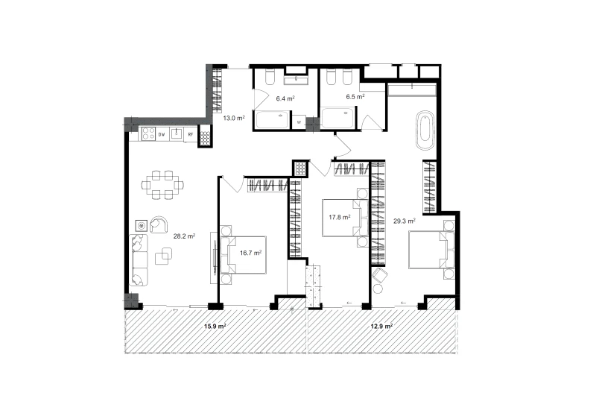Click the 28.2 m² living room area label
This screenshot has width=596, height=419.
(184, 236)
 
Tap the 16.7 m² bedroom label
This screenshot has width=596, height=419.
(250, 253)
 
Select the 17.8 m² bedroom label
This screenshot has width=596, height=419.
(340, 217)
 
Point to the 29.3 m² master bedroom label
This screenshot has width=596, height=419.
(404, 221)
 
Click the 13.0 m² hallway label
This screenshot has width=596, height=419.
(234, 118)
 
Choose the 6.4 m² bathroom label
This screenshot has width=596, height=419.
(285, 98)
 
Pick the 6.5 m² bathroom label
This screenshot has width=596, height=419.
(355, 97)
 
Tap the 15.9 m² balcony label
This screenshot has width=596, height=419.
(215, 326)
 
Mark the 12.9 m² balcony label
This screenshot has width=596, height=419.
(381, 326)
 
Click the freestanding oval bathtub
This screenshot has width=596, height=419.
(425, 130)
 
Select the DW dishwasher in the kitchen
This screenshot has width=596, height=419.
(162, 134)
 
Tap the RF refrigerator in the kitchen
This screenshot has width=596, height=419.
(191, 134)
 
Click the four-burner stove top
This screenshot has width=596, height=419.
(148, 134)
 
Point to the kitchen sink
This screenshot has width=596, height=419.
(177, 134)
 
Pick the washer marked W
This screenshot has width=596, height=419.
(299, 122)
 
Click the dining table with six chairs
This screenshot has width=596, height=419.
(162, 185)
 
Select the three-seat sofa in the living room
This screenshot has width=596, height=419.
(139, 259)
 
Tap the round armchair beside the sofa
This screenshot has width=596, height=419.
(159, 224)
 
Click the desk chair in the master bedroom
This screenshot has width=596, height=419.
(380, 274)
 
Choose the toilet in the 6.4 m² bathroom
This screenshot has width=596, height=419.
(270, 77)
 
